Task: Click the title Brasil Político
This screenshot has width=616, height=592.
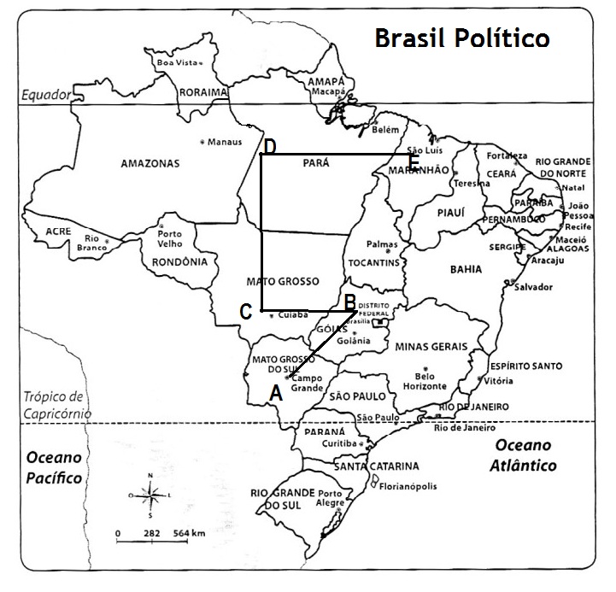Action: coord(461,38)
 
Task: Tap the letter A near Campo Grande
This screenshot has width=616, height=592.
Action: coord(275,394)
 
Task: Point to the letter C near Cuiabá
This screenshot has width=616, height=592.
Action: coord(245,312)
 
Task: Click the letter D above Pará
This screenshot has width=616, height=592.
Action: coord(269,146)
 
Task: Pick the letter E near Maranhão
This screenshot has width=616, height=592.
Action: coord(414,161)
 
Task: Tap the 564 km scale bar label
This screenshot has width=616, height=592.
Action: coord(186,533)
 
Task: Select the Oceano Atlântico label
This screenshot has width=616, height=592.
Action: coord(524,456)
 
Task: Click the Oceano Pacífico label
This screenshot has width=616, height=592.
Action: coord(53,467)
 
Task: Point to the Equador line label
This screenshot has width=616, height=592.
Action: coord(44,95)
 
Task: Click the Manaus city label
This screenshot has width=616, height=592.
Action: coord(225,141)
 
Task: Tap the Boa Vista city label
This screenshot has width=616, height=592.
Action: coord(176,62)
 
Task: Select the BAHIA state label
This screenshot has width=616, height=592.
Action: coord(466,269)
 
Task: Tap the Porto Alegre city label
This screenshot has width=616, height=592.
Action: coord(330,498)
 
